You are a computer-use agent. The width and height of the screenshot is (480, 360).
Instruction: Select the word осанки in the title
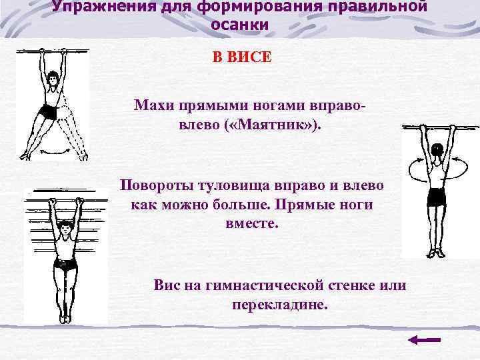coord(240,25)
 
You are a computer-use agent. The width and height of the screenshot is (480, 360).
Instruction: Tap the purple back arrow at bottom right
coord(424,340)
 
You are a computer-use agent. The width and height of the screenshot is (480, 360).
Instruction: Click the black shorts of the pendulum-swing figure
coord(48,111)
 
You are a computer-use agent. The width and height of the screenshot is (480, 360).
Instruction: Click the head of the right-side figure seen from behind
coord(437,150)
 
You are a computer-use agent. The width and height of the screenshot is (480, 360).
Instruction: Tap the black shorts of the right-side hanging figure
coord(437,197)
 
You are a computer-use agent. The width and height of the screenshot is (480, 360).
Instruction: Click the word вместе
coord(250,223)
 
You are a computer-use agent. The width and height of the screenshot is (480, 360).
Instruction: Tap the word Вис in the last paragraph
coord(167,285)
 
